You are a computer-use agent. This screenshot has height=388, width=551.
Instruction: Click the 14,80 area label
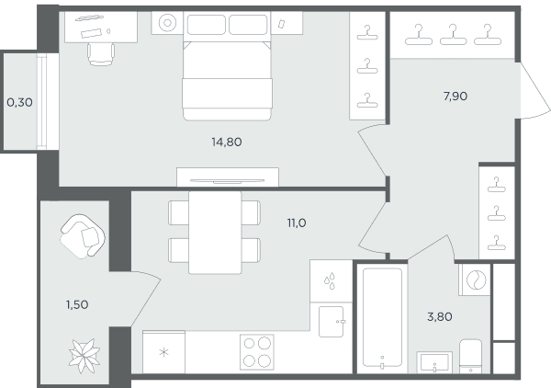226,143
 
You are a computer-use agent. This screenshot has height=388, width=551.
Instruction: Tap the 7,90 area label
455,96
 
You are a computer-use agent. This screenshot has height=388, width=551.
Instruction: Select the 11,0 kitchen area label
297,223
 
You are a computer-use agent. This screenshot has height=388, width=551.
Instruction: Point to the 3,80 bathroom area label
440,317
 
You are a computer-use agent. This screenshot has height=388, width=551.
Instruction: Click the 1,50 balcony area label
77,304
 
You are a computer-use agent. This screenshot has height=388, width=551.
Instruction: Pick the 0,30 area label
19,103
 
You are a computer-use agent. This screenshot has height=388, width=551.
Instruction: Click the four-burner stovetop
257,352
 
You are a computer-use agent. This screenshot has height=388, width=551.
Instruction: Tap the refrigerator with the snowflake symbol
163,352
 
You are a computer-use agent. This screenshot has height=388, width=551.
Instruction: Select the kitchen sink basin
331,322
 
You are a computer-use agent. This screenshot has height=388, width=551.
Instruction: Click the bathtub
382,317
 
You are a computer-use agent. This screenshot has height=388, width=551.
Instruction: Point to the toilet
470,356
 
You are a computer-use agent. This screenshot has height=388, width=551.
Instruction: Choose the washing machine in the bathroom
475,280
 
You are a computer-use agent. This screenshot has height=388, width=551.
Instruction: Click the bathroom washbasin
434,362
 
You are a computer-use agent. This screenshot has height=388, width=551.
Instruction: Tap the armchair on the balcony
83,235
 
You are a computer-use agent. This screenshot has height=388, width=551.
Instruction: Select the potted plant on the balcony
84,356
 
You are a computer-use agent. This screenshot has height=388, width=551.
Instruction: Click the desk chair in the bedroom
101,54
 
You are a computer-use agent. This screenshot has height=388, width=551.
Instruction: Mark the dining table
215,233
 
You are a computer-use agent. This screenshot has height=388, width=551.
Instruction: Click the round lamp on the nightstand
167,23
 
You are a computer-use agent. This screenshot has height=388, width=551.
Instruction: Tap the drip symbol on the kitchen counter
330,280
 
